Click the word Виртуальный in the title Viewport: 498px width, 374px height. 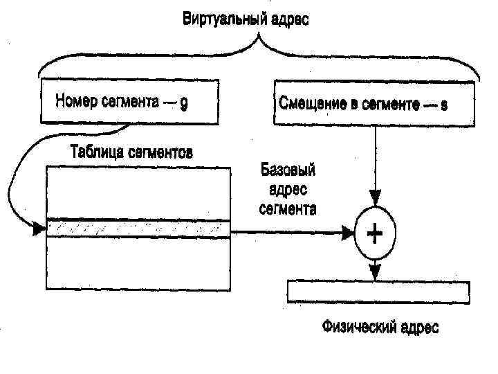tap(221, 18)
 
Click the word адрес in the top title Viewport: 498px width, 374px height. tap(287, 18)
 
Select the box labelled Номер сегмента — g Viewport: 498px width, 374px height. tap(129, 103)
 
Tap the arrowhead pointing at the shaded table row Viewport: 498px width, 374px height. tap(40, 229)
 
